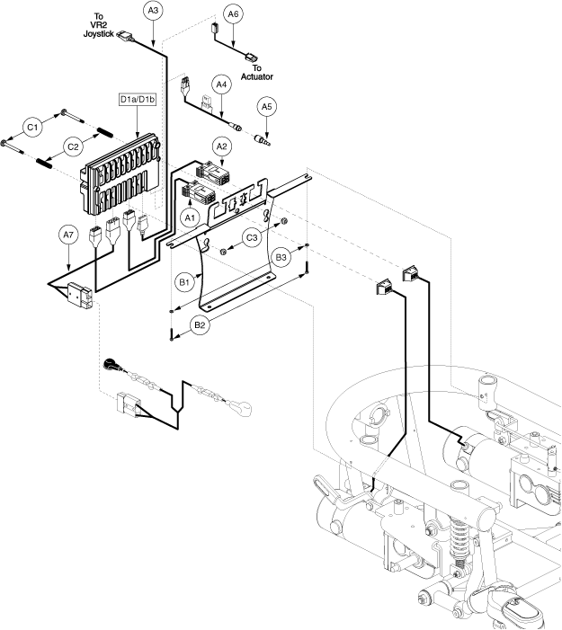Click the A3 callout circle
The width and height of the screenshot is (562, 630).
click(x=153, y=11)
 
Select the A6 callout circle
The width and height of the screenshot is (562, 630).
click(x=233, y=14)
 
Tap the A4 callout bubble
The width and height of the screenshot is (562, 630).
click(x=221, y=84)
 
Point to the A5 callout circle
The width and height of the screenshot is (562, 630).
click(x=266, y=107)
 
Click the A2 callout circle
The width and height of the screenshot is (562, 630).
click(x=221, y=146)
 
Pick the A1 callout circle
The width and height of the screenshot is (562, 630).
click(x=190, y=218)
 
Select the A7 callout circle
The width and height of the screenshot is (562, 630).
click(x=68, y=235)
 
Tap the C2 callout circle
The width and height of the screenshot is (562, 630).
click(x=73, y=147)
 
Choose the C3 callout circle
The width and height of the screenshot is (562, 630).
click(x=252, y=238)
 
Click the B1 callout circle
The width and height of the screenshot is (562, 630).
click(x=184, y=282)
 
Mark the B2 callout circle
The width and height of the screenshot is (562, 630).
click(x=200, y=325)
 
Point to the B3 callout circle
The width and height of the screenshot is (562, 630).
click(x=281, y=257)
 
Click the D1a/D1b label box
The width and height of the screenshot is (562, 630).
click(x=138, y=99)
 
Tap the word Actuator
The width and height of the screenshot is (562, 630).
click(x=257, y=76)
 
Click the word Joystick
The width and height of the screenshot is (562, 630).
click(x=99, y=34)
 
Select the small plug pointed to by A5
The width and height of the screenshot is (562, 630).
click(x=263, y=140)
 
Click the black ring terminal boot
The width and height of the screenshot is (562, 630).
click(x=110, y=364)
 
